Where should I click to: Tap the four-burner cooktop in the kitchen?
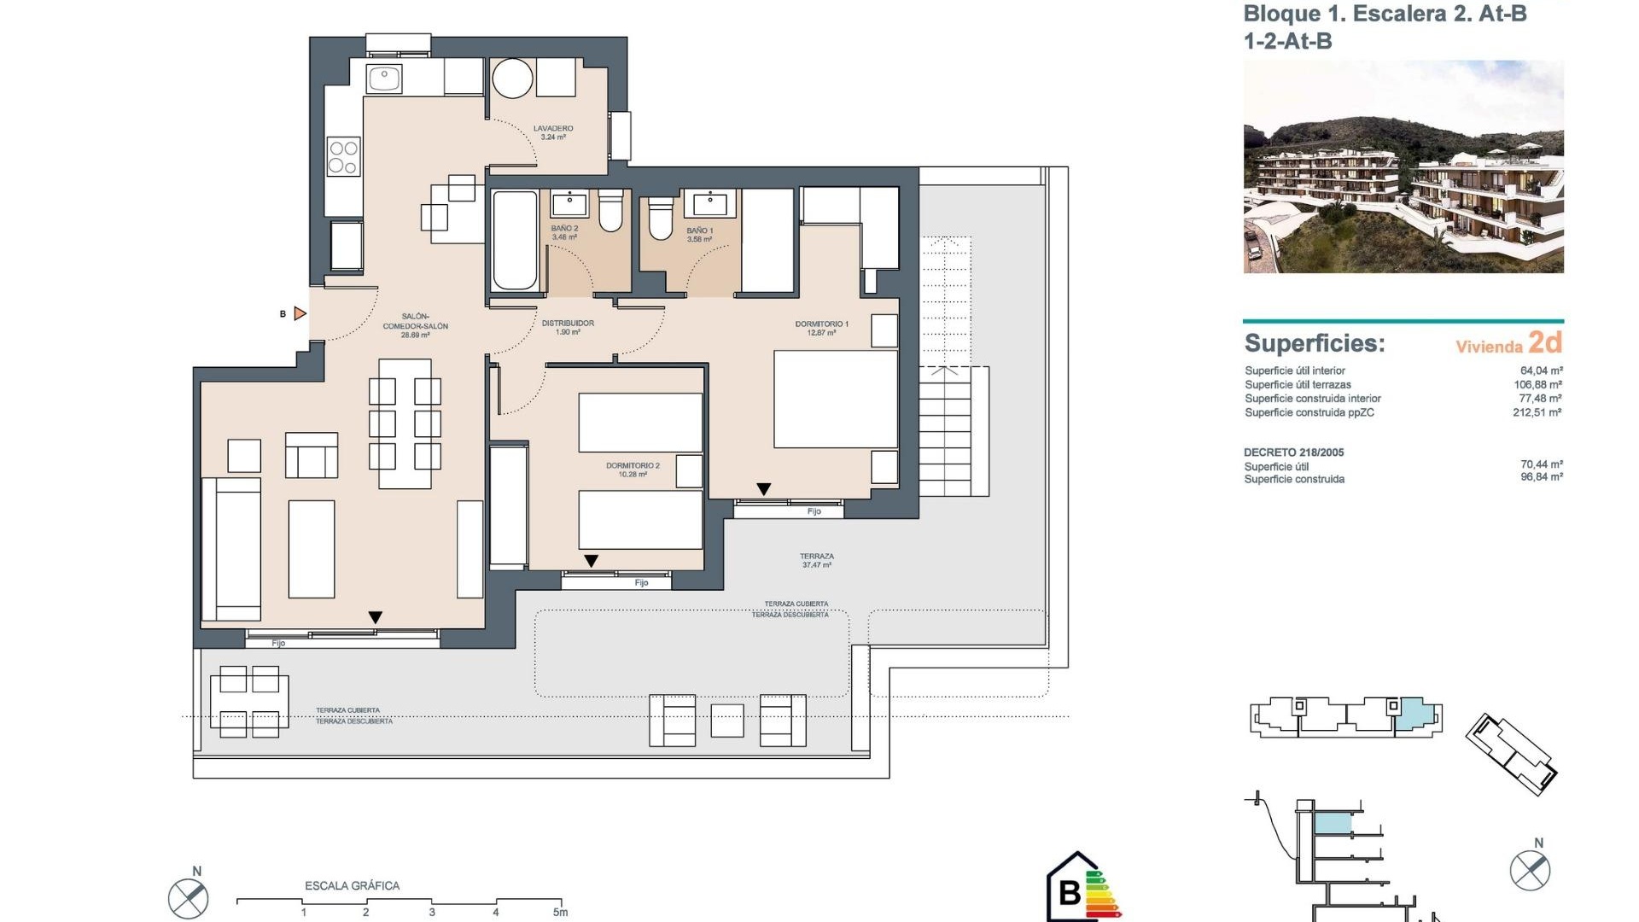[x=343, y=157]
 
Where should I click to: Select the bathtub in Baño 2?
[x=515, y=241]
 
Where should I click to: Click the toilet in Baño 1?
[x=660, y=219]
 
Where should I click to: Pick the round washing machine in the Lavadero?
[x=513, y=79]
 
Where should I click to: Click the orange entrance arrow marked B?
[x=300, y=313]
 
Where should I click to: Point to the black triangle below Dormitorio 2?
[x=591, y=561]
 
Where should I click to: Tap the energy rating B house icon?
[x=1072, y=890]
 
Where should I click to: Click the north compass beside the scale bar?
[x=188, y=897]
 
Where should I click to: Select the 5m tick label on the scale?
[x=560, y=913]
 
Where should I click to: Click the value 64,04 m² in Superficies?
[x=1541, y=371]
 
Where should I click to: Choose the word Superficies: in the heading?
[x=1315, y=343]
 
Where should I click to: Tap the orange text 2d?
[x=1545, y=342]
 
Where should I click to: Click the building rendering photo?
[x=1403, y=166]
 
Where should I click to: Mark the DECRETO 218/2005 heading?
[x=1293, y=452]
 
